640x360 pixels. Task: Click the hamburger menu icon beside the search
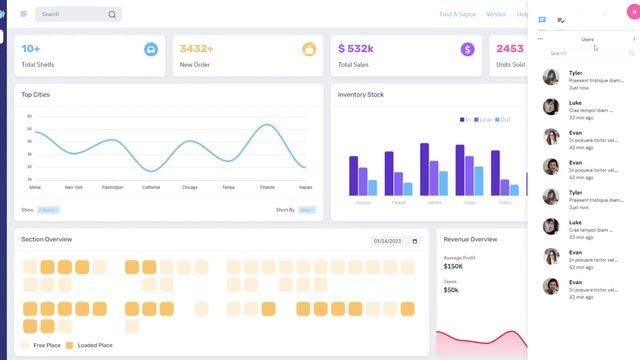[24, 14]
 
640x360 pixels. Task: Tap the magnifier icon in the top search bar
[112, 15]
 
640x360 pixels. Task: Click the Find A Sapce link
[458, 14]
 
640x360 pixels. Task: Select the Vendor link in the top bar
[496, 14]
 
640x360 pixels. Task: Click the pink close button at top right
[620, 12]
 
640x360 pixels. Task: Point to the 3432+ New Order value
[197, 48]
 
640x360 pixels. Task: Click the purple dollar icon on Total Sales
[467, 49]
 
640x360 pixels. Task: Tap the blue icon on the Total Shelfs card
[150, 49]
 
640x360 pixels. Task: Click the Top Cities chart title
[36, 95]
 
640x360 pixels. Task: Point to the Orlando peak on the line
[267, 125]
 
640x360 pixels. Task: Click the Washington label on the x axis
[112, 187]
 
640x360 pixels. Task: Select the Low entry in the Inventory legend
[484, 119]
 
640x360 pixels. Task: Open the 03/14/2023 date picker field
[396, 241]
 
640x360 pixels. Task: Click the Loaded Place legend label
[94, 345]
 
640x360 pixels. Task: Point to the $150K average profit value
[453, 266]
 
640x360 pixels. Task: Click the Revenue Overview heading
[470, 240]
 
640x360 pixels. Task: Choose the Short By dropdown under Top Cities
[307, 210]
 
